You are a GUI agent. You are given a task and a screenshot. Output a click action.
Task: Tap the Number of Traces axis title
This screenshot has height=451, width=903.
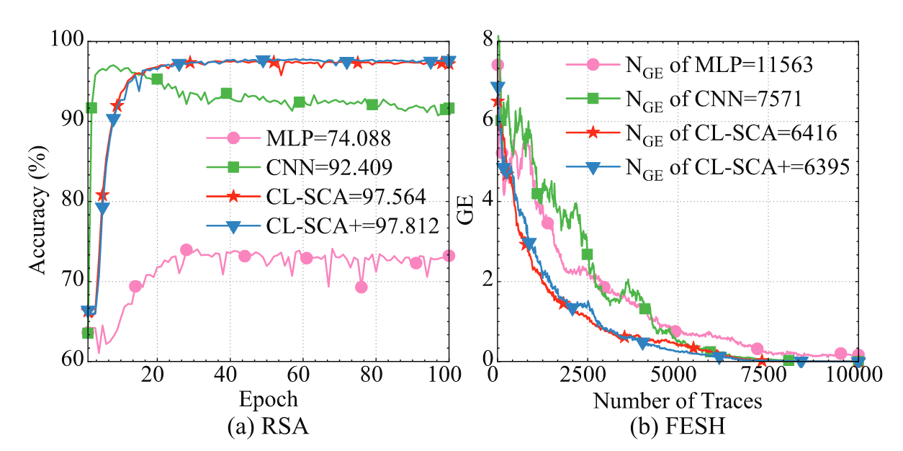[x=677, y=398]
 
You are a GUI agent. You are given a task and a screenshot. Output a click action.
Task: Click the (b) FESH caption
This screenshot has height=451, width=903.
[x=677, y=427]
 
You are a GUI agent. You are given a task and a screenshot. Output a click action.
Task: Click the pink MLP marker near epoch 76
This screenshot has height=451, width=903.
[x=361, y=287]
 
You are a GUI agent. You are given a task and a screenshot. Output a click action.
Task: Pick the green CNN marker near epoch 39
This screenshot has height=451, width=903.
[x=226, y=94]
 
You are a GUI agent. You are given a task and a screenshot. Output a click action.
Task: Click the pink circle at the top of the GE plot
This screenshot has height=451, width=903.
[x=497, y=66]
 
